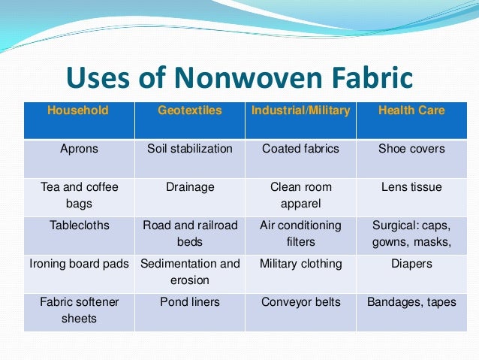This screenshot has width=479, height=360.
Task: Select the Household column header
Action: pos(78,110)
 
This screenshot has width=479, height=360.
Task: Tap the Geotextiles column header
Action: pos(190,110)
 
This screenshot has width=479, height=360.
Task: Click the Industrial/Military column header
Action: pos(300,110)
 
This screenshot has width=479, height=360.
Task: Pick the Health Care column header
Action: pos(411,110)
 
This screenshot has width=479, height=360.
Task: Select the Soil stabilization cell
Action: pos(190,149)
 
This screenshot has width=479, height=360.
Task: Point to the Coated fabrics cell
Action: pos(300,149)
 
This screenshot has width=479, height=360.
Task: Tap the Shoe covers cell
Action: pos(411,149)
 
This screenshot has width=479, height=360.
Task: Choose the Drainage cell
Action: pos(190,186)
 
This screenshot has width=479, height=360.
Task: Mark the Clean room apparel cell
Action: pos(300,195)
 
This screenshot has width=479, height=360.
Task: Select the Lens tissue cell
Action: pos(411,186)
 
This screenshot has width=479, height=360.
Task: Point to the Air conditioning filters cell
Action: pos(300,234)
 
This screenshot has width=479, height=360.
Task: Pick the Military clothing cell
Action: pos(300,264)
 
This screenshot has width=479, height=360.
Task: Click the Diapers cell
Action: pos(411,264)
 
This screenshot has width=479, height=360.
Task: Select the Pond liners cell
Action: pos(190,302)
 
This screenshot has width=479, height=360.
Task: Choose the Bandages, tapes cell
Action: pos(411,302)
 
